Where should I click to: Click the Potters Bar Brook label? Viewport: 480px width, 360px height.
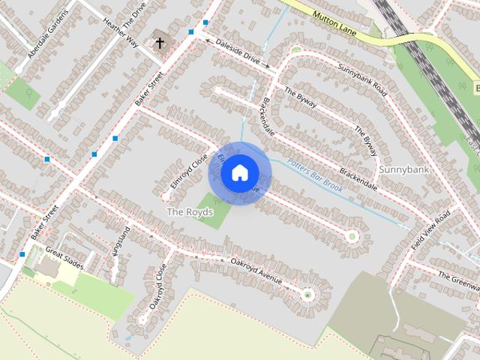(x=315, y=175)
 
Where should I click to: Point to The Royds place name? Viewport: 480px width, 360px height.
(x=184, y=212)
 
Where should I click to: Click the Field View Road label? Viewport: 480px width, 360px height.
(x=431, y=230)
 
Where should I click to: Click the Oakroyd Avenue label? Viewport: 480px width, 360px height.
(x=256, y=271)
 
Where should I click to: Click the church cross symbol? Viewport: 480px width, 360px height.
(x=159, y=43)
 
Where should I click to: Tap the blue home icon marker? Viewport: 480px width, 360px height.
(x=238, y=173)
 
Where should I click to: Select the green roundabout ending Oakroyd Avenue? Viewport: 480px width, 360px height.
(x=307, y=295)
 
